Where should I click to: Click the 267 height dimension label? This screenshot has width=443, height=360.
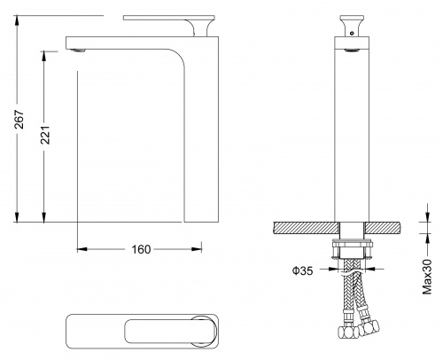coord(19,120)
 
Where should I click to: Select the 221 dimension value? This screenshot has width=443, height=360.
coord(45,135)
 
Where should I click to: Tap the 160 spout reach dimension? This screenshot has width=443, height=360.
coord(141,249)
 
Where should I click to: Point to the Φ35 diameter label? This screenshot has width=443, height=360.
coord(302,270)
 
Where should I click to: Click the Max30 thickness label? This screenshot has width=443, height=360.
coord(427,277)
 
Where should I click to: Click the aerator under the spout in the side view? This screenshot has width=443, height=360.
coord(78,51)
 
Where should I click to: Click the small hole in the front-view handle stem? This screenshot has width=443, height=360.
coord(352,33)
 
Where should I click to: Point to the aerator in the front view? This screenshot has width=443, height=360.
coord(352,51)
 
